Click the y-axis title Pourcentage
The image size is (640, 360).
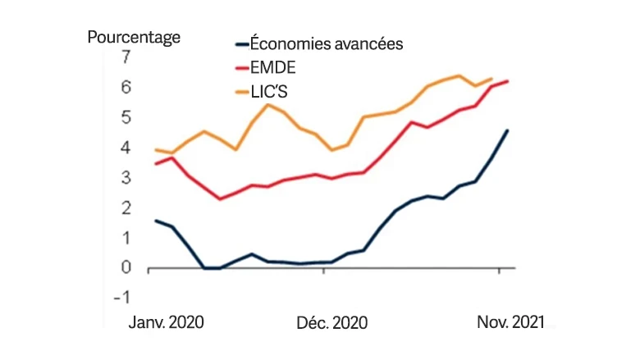click(134, 37)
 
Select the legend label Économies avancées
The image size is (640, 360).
click(326, 44)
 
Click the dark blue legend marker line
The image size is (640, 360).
click(240, 44)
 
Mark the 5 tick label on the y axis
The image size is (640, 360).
click(126, 117)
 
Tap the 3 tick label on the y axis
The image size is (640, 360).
click(126, 178)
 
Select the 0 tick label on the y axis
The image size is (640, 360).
click(126, 268)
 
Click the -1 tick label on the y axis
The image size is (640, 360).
click(124, 298)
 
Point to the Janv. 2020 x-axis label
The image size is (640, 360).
click(167, 322)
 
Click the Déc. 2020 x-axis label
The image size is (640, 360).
click(331, 322)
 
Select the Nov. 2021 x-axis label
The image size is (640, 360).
click(510, 322)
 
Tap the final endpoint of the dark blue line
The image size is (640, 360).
click(508, 130)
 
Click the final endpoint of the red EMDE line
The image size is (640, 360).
click(508, 81)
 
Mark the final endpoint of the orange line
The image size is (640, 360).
click(491, 79)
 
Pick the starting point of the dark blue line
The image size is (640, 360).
click(156, 220)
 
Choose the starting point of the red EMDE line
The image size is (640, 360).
click(156, 164)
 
